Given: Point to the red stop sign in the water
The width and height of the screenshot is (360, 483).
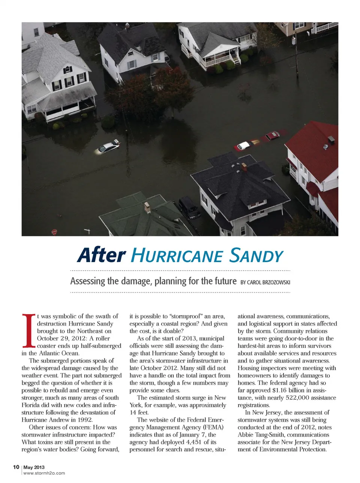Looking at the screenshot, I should pyautogui.click(x=54, y=232).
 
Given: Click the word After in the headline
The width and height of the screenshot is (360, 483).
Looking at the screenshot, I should pyautogui.click(x=101, y=255).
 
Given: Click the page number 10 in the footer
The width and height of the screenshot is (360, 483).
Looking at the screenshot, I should pyautogui.click(x=16, y=467).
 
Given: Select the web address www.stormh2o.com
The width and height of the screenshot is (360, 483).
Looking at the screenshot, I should pyautogui.click(x=44, y=473).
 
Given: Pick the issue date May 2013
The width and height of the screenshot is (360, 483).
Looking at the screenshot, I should pyautogui.click(x=34, y=467).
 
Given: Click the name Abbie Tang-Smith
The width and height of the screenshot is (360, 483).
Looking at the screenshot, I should pyautogui.click(x=259, y=435).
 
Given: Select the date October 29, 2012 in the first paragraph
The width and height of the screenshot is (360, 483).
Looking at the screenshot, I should pyautogui.click(x=61, y=338).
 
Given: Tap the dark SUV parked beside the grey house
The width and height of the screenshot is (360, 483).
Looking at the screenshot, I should pyautogui.click(x=189, y=207).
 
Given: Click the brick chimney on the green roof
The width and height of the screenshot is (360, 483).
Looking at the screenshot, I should pyautogui.click(x=147, y=207).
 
